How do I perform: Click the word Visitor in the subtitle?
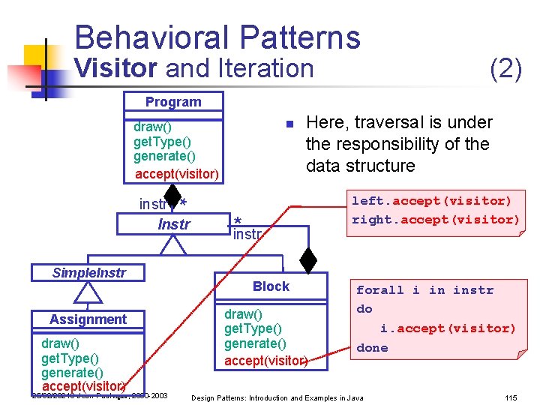tap(115, 68)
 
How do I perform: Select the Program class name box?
tap(173, 102)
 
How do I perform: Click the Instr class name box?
tap(174, 224)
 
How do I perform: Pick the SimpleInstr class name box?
tap(88, 272)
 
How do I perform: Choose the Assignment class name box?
tap(88, 319)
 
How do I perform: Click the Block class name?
tap(271, 286)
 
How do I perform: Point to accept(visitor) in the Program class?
tap(177, 175)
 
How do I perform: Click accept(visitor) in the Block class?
tap(266, 361)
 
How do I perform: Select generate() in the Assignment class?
tap(72, 373)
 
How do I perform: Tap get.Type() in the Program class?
tap(162, 142)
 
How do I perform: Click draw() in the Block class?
tap(244, 314)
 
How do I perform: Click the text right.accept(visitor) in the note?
tap(436, 220)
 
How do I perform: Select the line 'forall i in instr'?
tap(424, 290)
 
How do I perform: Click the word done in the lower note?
tap(372, 348)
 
